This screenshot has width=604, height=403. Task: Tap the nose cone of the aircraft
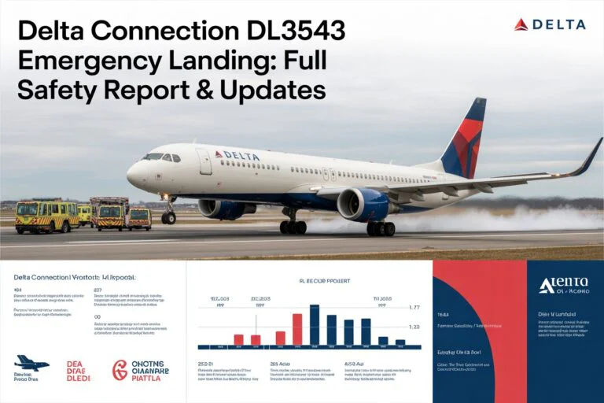point(131,174)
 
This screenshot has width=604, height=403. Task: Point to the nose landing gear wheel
point(168,217)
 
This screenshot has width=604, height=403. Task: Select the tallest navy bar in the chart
point(315,325)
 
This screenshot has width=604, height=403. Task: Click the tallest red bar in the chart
point(297,330)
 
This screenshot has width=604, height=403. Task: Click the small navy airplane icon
point(31,363)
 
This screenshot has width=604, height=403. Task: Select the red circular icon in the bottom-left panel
point(120,370)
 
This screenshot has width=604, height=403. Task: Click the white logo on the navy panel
point(563,285)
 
